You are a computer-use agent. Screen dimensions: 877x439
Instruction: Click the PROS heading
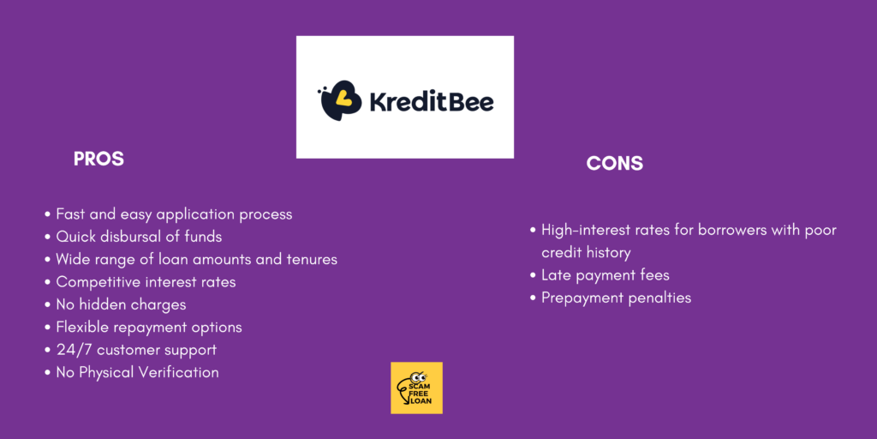click(98, 159)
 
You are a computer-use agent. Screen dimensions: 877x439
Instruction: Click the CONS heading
click(615, 164)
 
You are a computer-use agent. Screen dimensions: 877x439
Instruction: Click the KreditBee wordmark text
click(432, 103)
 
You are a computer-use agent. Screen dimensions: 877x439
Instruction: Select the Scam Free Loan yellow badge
click(417, 388)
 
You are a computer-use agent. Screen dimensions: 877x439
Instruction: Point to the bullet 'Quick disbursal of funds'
click(139, 237)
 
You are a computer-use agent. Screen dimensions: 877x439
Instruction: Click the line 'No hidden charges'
click(121, 304)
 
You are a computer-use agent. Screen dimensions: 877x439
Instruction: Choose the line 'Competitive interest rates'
click(146, 282)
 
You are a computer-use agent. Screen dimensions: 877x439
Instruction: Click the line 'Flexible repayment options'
click(149, 328)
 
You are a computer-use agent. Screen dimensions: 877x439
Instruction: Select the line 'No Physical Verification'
click(137, 372)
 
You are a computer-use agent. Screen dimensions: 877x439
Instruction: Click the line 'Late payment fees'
click(606, 275)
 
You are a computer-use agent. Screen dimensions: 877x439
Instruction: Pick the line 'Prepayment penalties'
click(617, 298)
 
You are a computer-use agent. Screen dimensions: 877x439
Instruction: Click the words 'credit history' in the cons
click(586, 253)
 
